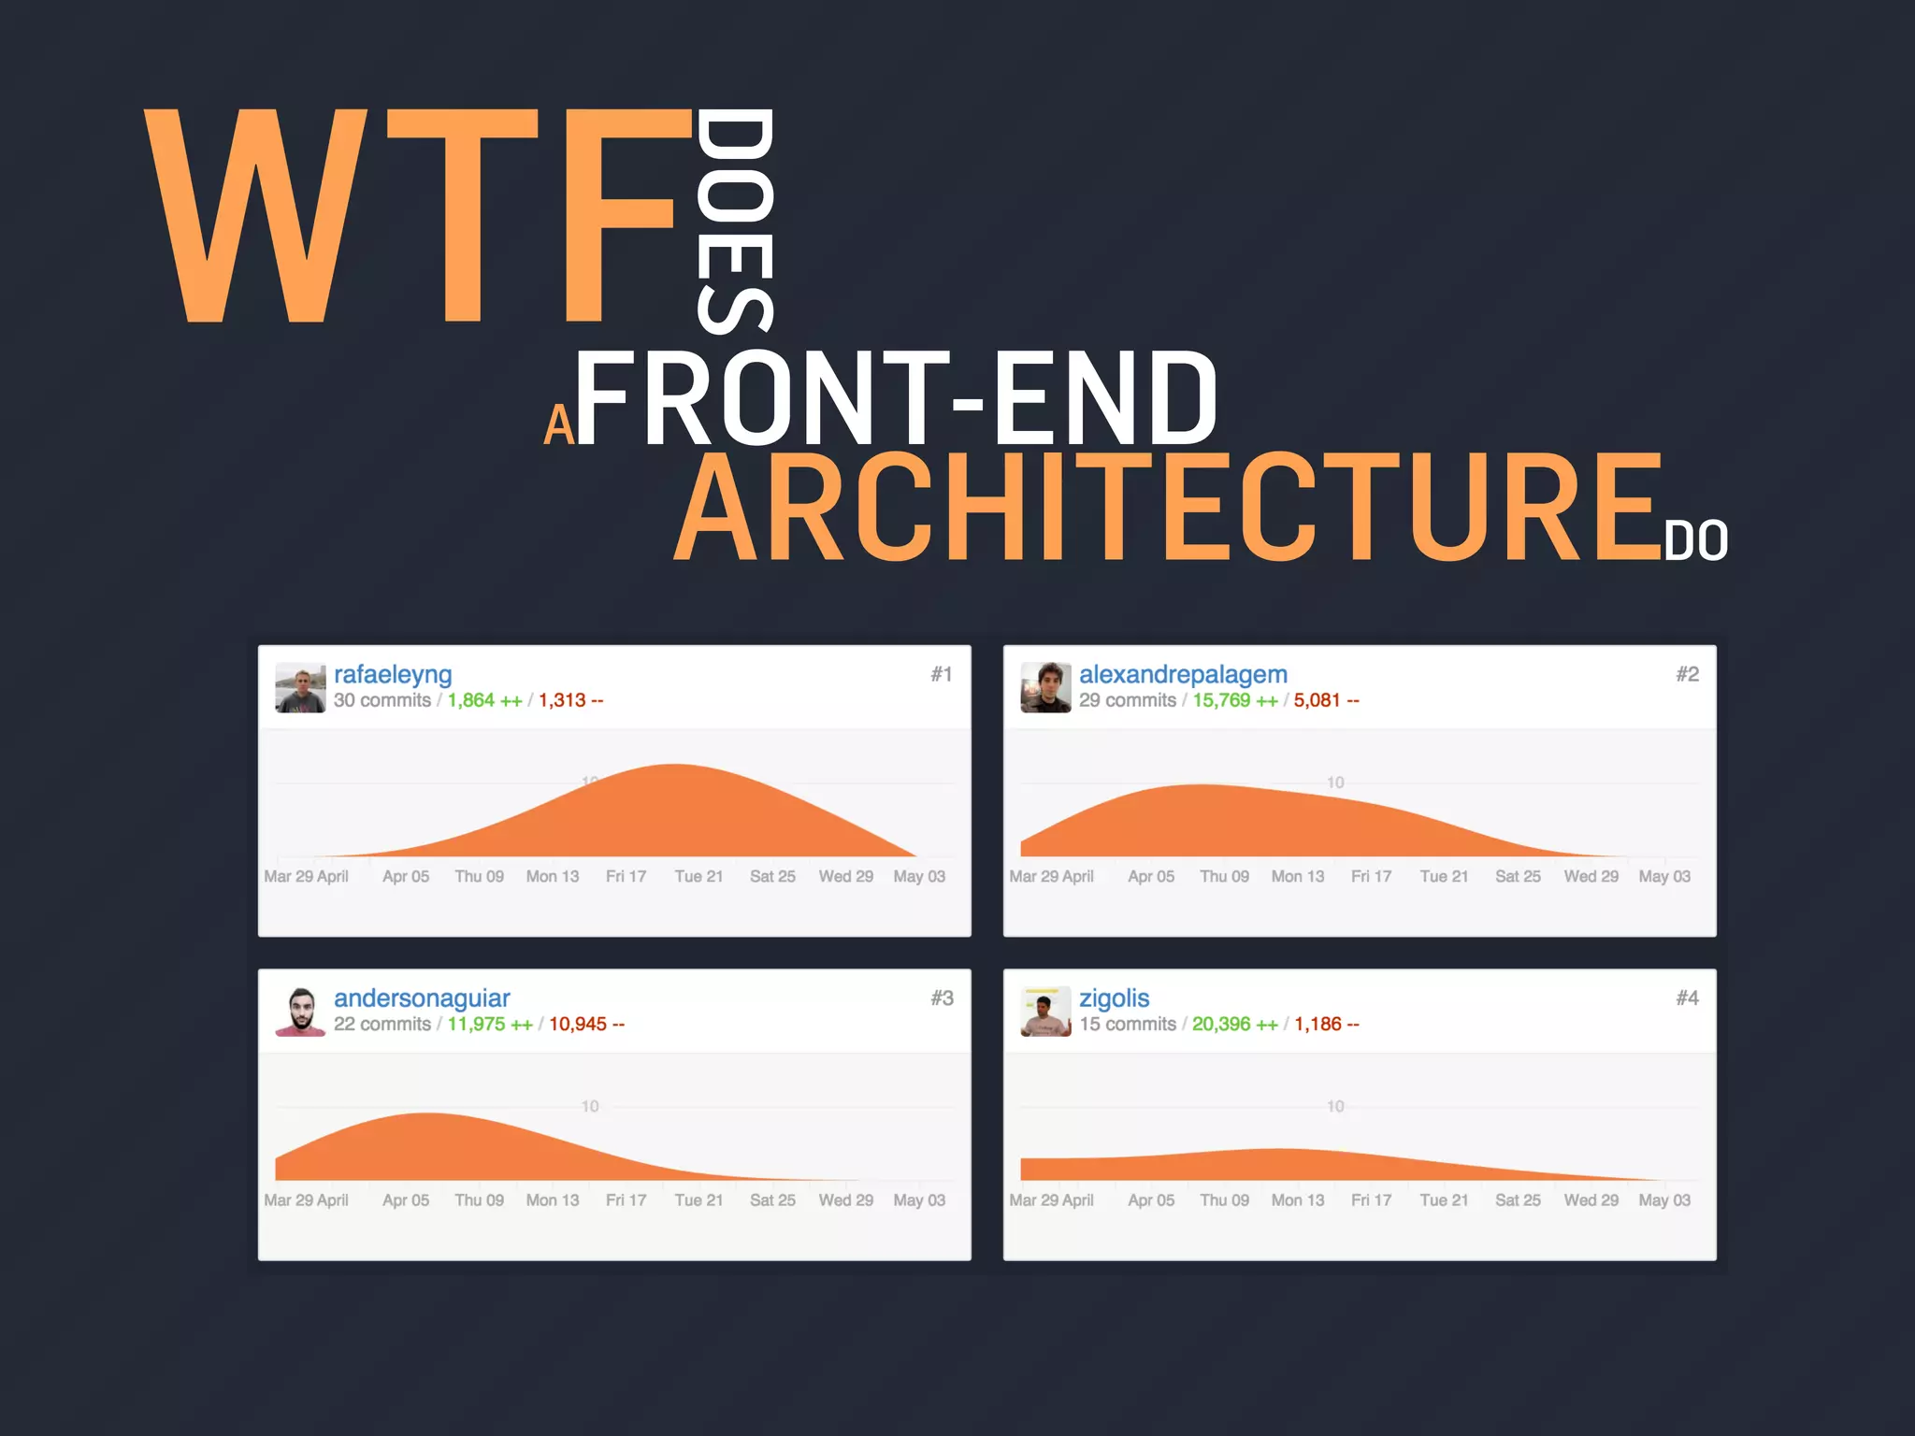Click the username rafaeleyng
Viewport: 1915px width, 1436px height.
(393, 674)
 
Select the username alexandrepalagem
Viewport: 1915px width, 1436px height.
(1183, 674)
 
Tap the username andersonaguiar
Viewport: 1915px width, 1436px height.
(422, 998)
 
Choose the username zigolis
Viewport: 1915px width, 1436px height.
(1114, 998)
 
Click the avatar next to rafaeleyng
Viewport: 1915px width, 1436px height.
(300, 688)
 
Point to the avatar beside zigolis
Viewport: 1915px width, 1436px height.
(1045, 1012)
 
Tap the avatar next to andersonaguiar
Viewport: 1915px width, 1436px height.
(300, 1012)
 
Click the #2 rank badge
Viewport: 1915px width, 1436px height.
(1687, 674)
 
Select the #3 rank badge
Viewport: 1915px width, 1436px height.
(942, 998)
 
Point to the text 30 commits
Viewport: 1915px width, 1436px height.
(382, 700)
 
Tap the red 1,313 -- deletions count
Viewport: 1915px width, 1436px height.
(570, 700)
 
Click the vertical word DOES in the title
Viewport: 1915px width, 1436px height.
(736, 221)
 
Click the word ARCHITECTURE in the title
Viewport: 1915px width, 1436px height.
(1169, 508)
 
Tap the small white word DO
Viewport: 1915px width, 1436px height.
(1695, 541)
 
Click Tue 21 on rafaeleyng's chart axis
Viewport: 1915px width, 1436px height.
(698, 877)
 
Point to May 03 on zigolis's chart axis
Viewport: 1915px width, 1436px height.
(1664, 1200)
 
